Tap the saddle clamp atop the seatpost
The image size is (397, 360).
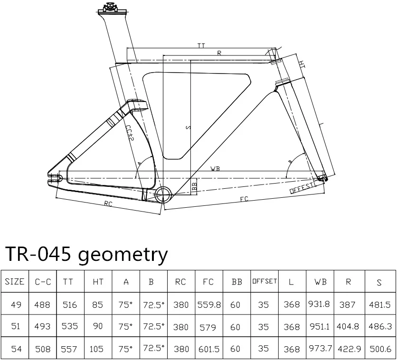click(110, 8)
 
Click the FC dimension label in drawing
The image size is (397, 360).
click(245, 199)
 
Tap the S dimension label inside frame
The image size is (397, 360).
click(189, 127)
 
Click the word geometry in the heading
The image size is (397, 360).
click(123, 255)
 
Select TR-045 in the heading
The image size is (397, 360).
click(37, 255)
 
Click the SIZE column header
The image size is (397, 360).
click(15, 282)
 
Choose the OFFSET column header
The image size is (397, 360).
click(265, 281)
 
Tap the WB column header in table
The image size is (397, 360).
click(320, 282)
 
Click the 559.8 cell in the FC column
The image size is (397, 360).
click(209, 305)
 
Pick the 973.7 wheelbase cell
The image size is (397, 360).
click(320, 349)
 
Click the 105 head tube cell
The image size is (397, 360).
click(97, 349)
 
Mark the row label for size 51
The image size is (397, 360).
click(16, 327)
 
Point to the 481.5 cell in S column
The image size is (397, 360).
click(379, 305)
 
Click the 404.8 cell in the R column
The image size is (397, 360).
click(348, 327)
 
